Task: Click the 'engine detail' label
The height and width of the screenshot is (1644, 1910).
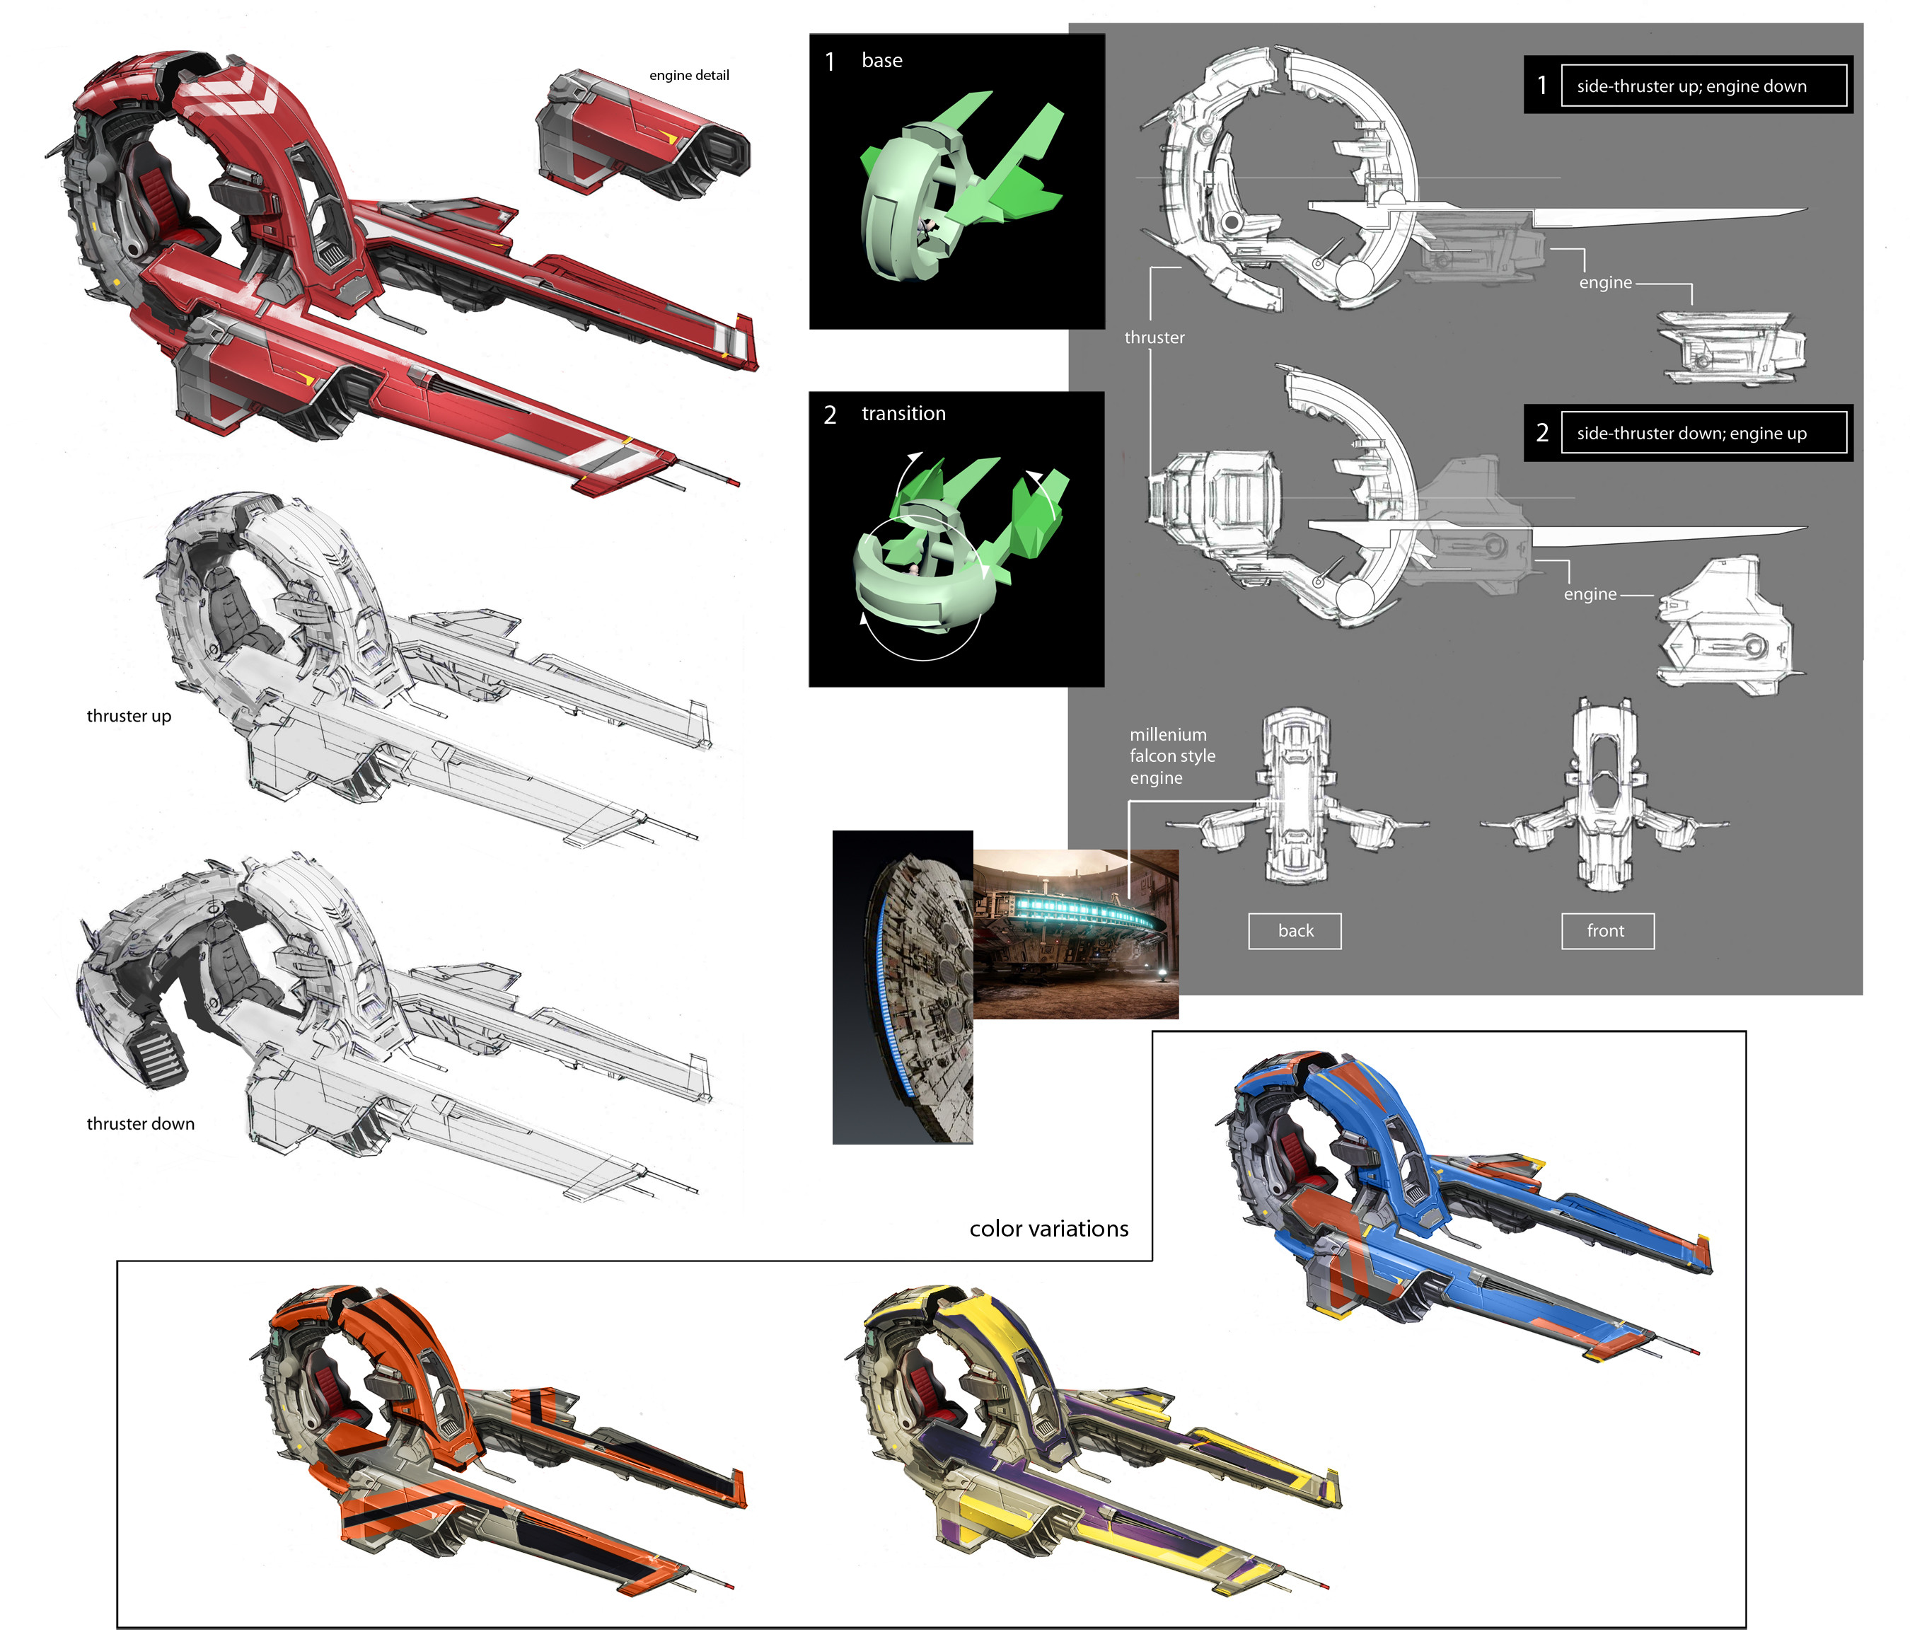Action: click(x=688, y=76)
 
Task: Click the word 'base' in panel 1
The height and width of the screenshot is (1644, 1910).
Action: click(x=881, y=61)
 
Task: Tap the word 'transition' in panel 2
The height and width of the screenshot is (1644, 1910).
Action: click(x=903, y=414)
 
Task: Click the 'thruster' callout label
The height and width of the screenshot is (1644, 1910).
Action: click(x=1154, y=337)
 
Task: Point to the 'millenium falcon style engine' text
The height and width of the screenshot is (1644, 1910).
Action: click(x=1171, y=756)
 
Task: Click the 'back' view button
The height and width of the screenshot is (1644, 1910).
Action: click(x=1295, y=931)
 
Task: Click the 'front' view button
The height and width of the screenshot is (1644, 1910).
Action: click(x=1607, y=931)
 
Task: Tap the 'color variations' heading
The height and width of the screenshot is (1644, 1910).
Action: click(x=1048, y=1229)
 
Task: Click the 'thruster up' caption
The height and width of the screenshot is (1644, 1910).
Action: click(x=129, y=717)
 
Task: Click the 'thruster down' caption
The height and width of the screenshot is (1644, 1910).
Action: click(x=140, y=1124)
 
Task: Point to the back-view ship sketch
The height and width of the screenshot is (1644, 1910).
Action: click(x=1295, y=797)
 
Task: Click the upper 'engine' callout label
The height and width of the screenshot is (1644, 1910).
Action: click(x=1605, y=283)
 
